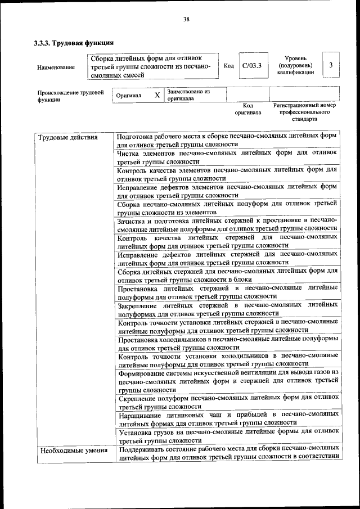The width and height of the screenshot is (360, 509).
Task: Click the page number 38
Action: pos(186,20)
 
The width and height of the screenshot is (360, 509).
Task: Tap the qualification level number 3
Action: pos(331,65)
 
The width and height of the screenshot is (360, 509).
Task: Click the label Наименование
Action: pos(56,67)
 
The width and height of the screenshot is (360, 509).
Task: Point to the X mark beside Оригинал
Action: pos(157,95)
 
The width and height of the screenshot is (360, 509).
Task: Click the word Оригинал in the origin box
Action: pos(128,96)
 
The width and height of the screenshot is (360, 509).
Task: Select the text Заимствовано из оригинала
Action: pos(188,94)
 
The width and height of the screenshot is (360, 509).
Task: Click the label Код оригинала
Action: pos(248,109)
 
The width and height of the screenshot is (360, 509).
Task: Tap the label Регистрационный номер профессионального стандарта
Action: pos(304,112)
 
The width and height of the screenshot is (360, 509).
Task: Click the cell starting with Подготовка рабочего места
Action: pos(227,141)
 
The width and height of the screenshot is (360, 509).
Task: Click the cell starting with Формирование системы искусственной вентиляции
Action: pos(227,381)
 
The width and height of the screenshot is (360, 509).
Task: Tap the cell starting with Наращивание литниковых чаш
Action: pos(227,418)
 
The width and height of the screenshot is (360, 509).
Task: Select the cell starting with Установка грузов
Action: pos(227,436)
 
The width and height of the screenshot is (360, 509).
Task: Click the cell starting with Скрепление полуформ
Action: pos(227,402)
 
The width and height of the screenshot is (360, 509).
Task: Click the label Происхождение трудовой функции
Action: pos(70,96)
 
